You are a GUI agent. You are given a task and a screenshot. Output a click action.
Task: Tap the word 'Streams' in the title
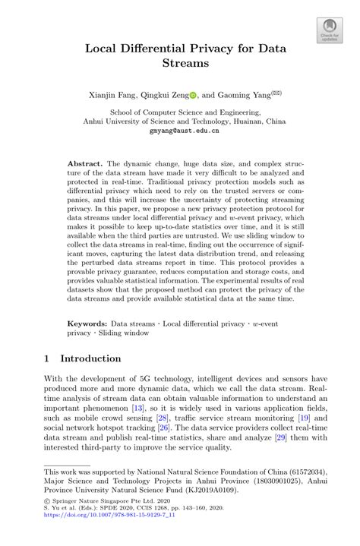point(180,64)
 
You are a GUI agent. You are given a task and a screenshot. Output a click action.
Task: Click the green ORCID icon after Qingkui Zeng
point(193,96)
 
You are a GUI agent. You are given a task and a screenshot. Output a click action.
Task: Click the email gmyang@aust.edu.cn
point(180,131)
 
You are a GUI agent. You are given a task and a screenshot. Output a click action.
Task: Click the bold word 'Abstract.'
point(85,163)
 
